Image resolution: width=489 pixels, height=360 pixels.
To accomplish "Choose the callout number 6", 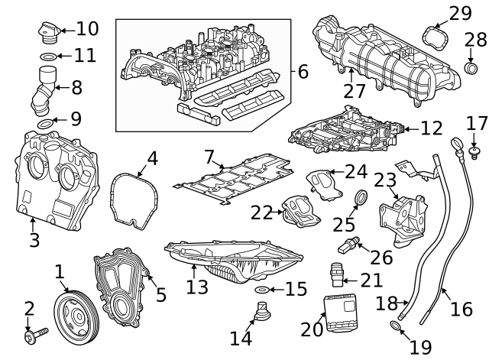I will click(x=303, y=73).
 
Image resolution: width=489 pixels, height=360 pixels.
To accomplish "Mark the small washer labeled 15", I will click(x=260, y=290).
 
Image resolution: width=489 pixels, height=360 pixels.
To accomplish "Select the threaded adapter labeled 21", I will click(x=337, y=274).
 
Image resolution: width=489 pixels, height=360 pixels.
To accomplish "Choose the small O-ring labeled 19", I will click(x=395, y=328).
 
